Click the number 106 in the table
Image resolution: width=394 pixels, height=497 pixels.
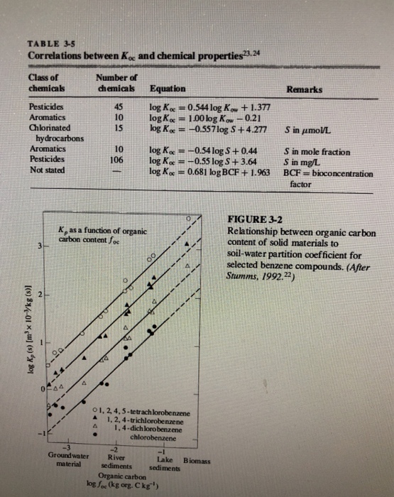[x=119, y=161]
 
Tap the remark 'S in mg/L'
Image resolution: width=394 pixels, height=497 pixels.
[x=303, y=162]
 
